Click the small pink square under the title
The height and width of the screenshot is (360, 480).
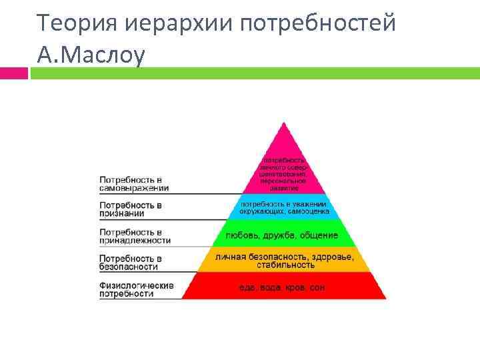pos(13,73)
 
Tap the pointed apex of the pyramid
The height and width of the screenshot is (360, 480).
pos(284,124)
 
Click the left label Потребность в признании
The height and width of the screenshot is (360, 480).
pos(131,209)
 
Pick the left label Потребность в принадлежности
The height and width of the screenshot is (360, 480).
pos(135,235)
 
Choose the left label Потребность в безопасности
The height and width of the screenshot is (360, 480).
pos(130,262)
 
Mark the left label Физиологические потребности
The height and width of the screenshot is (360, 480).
pos(136,289)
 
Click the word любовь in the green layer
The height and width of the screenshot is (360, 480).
pos(242,235)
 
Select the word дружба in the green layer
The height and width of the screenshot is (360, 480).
pos(279,235)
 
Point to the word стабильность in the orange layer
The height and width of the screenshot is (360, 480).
pos(283,265)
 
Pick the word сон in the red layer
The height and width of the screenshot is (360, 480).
pos(317,288)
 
